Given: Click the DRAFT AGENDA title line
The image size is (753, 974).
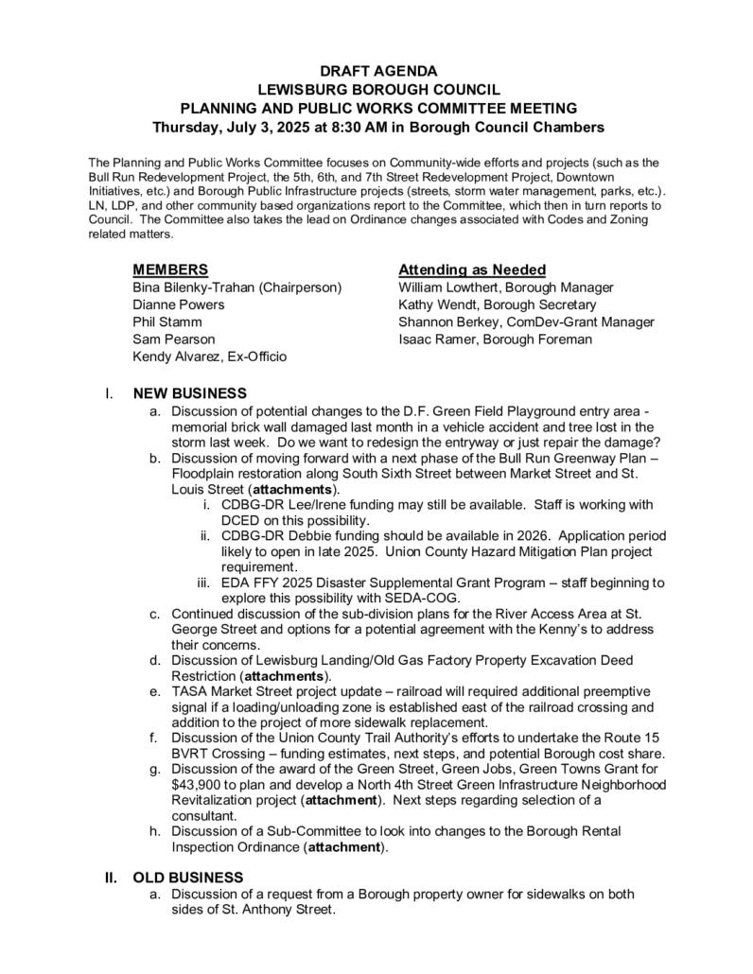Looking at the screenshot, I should [377, 71].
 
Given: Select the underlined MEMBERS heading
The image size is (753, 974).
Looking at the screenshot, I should [170, 270].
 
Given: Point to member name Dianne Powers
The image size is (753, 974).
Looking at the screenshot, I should [178, 304].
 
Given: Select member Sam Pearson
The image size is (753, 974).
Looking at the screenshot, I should [173, 339].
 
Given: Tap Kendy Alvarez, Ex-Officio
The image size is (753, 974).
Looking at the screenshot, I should [210, 357].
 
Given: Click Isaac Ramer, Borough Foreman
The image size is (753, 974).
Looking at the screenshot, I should [495, 339].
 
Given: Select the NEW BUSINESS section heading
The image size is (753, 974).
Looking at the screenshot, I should [190, 393].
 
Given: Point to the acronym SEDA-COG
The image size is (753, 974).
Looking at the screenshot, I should [429, 598].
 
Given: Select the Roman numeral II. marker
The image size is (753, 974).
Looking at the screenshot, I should [111, 878].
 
